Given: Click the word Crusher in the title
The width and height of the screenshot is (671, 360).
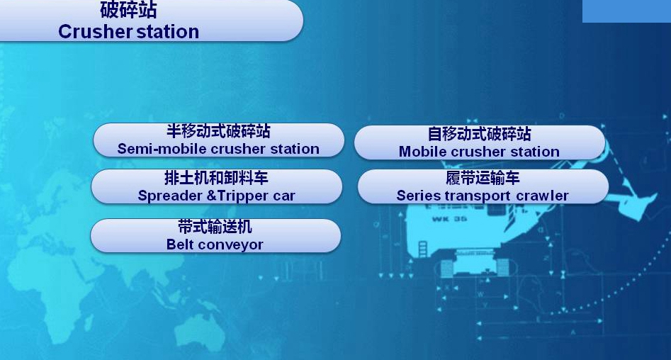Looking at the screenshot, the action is tap(95, 32).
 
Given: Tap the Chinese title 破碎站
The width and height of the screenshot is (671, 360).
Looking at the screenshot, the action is tap(128, 10).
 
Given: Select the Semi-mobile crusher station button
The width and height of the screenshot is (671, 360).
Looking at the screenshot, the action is tap(218, 140).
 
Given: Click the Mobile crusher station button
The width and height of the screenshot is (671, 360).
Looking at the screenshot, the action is tap(479, 142).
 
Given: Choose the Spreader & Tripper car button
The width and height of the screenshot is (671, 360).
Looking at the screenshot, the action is tap(217, 186).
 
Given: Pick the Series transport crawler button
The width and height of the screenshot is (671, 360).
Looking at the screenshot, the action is tap(483, 186).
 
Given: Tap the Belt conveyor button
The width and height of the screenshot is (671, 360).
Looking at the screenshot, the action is tap(215, 235).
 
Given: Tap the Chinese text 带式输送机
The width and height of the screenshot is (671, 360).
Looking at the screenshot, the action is tap(215, 227).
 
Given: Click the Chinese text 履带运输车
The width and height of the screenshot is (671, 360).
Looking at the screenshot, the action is tap(483, 178).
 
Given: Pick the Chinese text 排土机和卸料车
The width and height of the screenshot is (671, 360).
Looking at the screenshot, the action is tap(217, 178).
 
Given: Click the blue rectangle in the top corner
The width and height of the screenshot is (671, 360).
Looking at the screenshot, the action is tap(626, 11).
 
